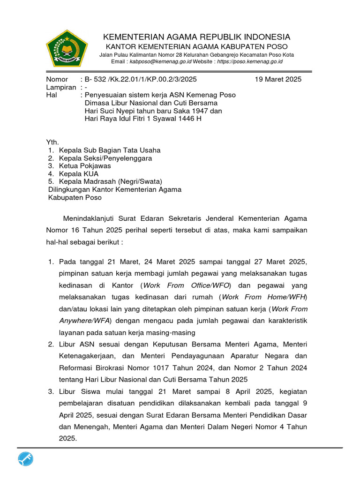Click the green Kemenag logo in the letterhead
pos(67,48)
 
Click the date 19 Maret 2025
pos(278,79)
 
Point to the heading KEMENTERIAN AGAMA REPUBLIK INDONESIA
pos(196,37)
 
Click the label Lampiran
pos(60,87)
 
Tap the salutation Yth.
pos(52,142)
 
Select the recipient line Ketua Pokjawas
pos(85,166)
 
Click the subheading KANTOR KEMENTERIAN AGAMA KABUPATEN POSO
pos(196,47)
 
